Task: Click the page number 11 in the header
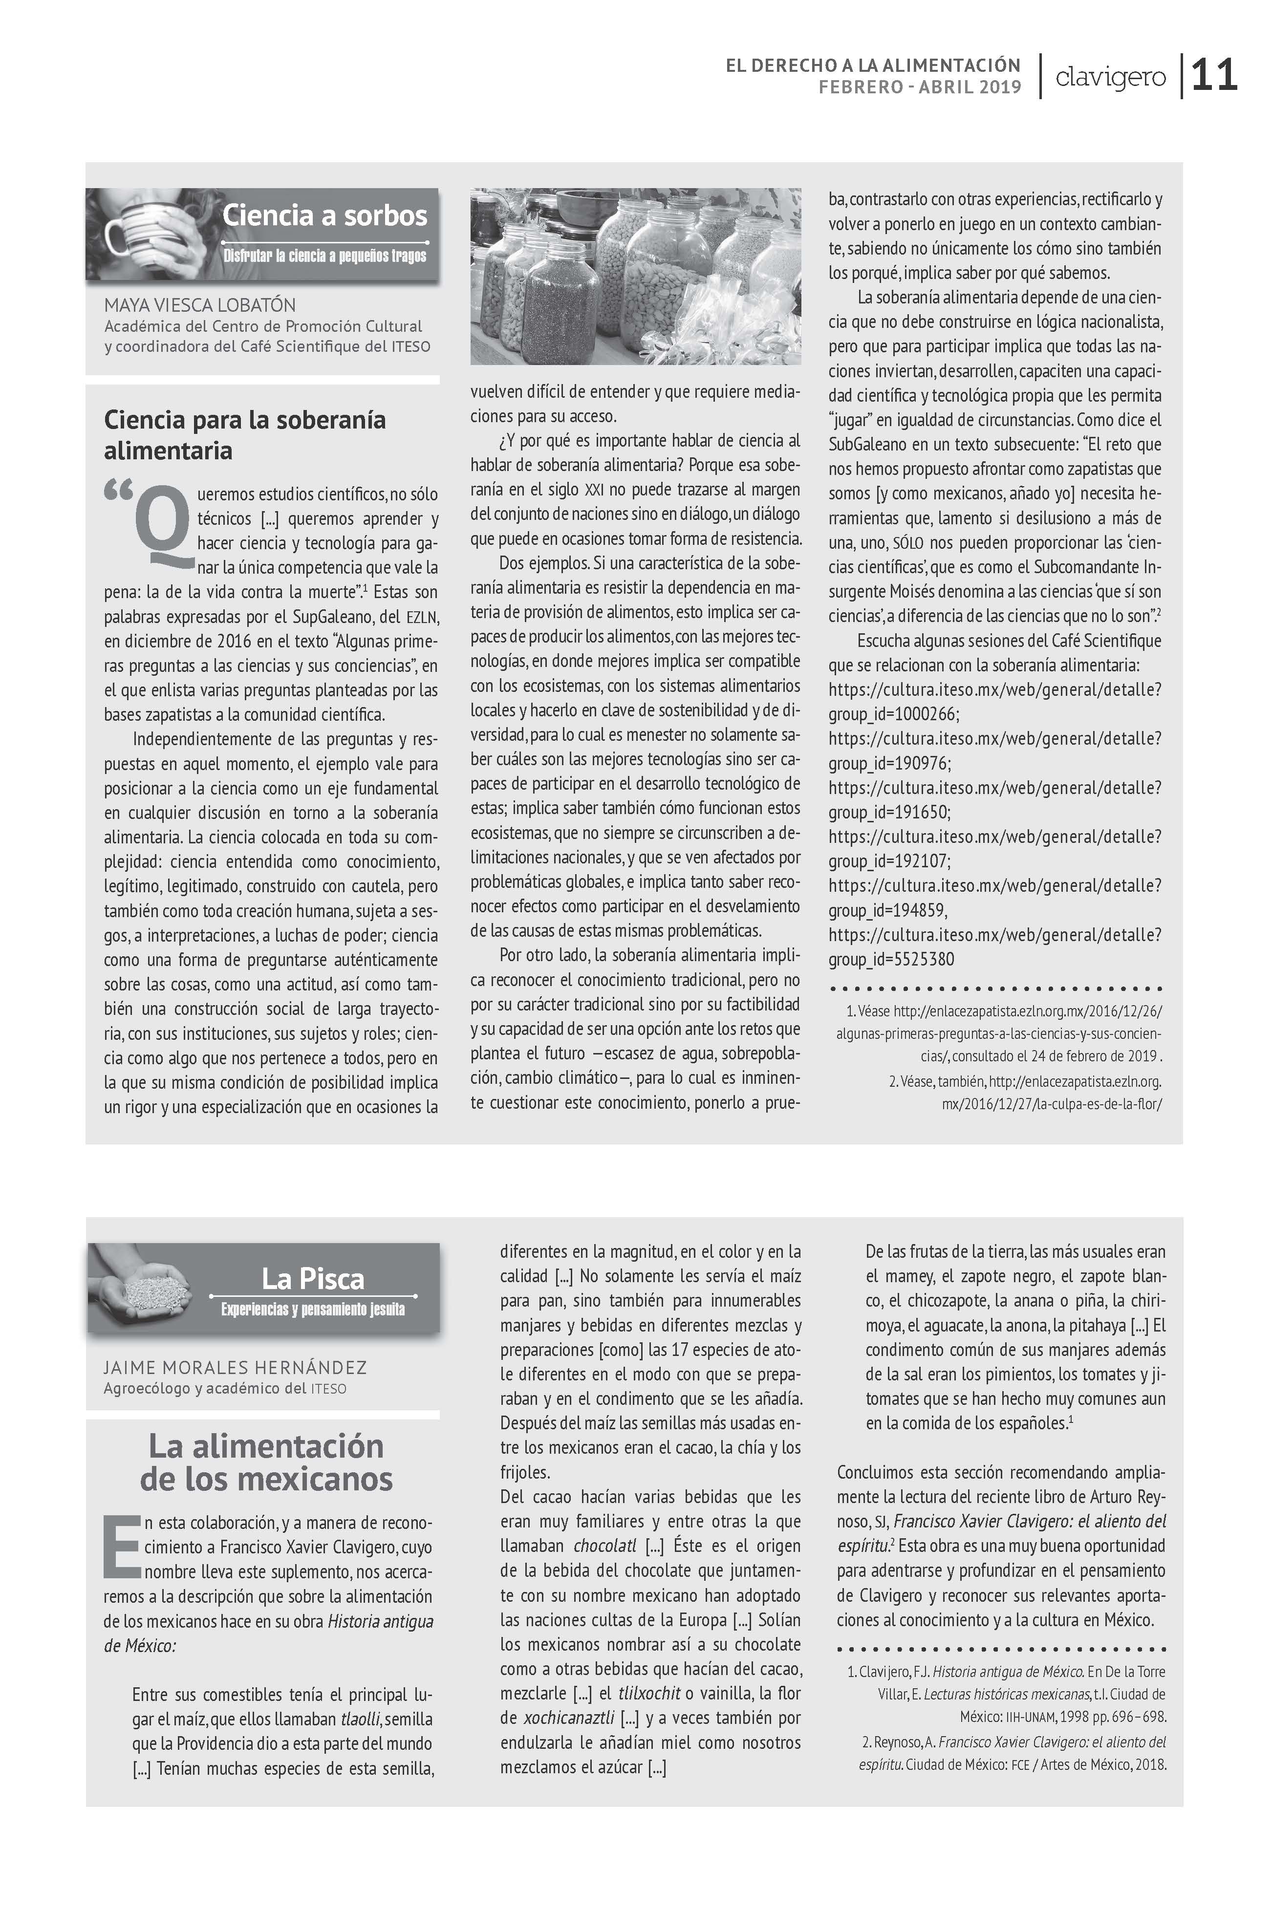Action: [1214, 76]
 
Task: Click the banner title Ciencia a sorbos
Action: [324, 215]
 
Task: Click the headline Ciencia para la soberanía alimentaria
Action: [244, 435]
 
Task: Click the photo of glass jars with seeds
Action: [635, 277]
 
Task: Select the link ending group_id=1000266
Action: [994, 702]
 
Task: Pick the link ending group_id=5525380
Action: [994, 947]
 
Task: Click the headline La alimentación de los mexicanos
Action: [266, 1462]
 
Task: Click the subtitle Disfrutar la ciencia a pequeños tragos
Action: [324, 256]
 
